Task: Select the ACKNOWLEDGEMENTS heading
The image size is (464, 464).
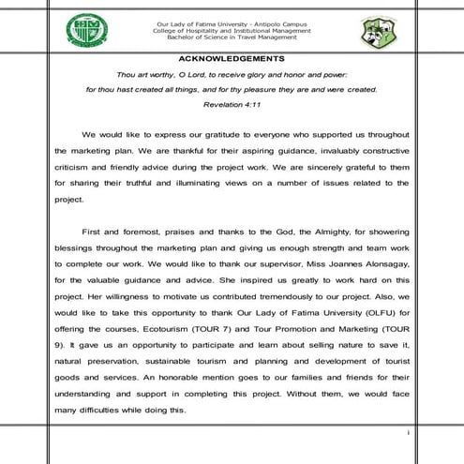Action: [232, 59]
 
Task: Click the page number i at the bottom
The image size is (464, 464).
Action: [409, 433]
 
